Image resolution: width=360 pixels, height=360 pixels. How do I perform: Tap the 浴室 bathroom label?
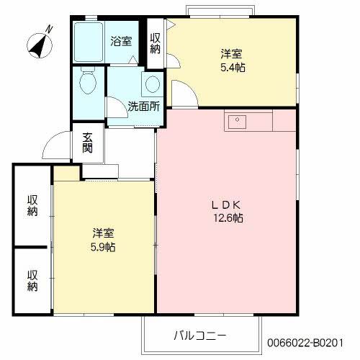point(121,41)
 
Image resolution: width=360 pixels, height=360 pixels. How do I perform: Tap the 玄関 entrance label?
point(87,143)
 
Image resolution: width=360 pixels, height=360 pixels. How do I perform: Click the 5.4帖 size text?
point(230,66)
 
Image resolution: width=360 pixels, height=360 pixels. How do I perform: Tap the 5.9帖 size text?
point(104,247)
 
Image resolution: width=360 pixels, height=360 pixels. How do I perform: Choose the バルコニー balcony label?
point(199,336)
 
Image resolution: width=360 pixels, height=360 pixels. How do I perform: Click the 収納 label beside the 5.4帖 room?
point(156,43)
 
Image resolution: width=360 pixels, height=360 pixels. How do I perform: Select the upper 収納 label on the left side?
point(32,205)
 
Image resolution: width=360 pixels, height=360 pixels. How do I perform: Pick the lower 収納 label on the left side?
point(32,280)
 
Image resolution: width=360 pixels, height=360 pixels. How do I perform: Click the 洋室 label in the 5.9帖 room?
point(104,233)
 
